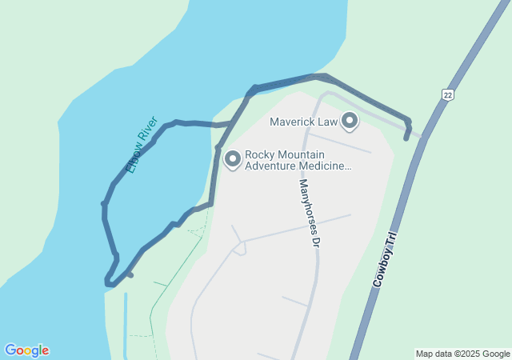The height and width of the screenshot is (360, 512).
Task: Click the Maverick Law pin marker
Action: click(x=350, y=121)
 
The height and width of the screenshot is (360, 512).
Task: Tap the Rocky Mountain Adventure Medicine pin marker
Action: click(x=233, y=159)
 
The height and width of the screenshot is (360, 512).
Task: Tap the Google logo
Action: click(x=26, y=350)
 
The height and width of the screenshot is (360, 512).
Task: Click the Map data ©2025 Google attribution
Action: click(x=462, y=354)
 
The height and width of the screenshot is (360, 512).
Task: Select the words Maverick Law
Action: click(x=303, y=122)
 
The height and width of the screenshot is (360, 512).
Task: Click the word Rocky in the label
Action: click(x=260, y=154)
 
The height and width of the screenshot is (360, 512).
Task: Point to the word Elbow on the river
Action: click(x=134, y=159)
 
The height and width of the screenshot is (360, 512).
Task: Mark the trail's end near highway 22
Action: click(x=406, y=138)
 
